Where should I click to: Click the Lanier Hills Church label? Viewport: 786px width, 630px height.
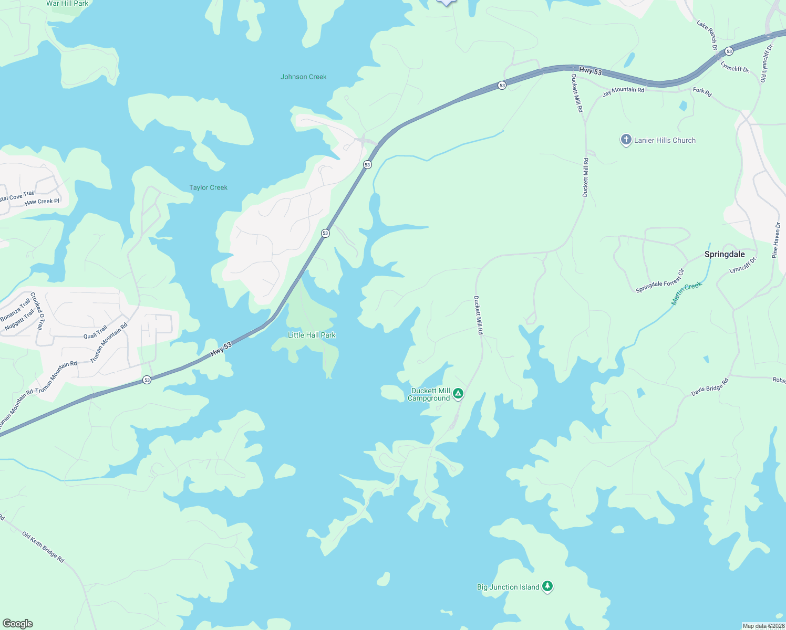(665, 140)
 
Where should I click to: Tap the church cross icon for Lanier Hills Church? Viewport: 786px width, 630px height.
(626, 140)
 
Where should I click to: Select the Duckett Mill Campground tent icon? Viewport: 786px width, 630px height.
(458, 393)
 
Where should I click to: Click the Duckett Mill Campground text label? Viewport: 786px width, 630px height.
(429, 394)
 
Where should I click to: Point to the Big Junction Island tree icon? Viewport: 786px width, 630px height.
(547, 586)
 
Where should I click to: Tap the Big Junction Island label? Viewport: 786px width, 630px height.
(508, 587)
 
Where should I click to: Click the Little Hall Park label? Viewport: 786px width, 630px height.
(312, 335)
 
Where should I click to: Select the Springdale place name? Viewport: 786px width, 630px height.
(725, 254)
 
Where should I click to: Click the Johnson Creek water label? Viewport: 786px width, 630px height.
(303, 77)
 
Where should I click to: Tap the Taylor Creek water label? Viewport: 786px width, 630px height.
(208, 187)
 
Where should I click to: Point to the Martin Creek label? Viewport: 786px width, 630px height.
(686, 293)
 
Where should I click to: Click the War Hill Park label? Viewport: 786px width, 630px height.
(67, 4)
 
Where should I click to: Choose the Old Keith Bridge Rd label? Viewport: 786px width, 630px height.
(43, 547)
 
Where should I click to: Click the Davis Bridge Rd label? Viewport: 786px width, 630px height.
(710, 387)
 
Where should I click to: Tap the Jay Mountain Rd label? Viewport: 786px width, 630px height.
(623, 92)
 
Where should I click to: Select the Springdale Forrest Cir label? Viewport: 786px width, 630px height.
(660, 281)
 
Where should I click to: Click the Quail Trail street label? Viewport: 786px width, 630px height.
(95, 332)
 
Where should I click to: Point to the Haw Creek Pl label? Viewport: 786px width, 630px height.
(42, 202)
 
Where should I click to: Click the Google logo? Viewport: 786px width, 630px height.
(18, 623)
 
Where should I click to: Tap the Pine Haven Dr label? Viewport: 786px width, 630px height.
(776, 240)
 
